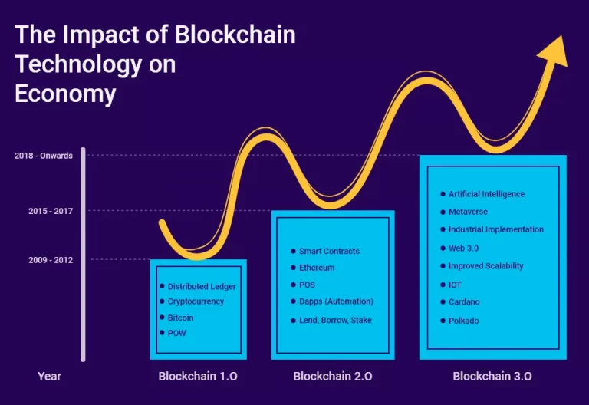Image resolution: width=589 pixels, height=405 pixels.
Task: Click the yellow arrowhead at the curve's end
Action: [x=554, y=53]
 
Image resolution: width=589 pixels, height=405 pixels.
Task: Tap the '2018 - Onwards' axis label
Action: [x=44, y=156]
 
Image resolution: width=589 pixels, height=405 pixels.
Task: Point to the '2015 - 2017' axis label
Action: [x=51, y=211]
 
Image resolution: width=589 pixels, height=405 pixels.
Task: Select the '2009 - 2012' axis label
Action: [x=51, y=260]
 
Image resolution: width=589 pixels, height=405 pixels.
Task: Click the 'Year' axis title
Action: [x=49, y=376]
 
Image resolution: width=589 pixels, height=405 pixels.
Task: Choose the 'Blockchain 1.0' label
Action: [x=198, y=376]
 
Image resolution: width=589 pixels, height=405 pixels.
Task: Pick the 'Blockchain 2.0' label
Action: [x=333, y=376]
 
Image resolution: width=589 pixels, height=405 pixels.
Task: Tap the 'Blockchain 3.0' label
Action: [x=492, y=376]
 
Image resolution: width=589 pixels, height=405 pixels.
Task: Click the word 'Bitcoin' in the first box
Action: [x=181, y=318]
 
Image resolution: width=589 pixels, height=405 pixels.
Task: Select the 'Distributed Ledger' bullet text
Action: [x=202, y=287]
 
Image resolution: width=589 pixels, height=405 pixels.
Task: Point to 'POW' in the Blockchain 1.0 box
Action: [x=177, y=333]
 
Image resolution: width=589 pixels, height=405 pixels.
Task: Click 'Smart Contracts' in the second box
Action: [x=330, y=252]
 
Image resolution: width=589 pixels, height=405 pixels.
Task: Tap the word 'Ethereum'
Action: [x=317, y=268]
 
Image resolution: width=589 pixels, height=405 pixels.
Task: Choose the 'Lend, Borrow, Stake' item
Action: [x=335, y=320]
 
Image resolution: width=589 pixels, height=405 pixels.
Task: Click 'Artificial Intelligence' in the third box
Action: [x=487, y=194]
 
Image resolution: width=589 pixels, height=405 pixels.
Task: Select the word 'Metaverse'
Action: [x=468, y=212]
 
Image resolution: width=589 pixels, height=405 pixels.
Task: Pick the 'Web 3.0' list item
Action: [x=463, y=249]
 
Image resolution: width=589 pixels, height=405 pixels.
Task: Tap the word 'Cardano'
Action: [x=464, y=302]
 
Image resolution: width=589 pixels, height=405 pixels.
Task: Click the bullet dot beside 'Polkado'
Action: [x=443, y=321]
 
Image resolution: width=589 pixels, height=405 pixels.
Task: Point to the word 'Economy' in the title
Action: [x=65, y=94]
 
